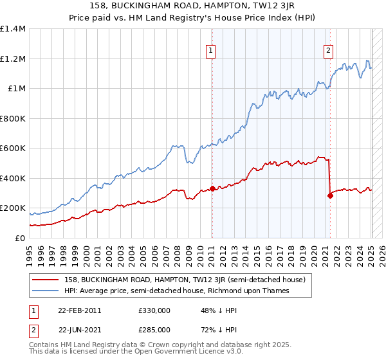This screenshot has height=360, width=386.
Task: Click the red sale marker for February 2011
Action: (x=212, y=188)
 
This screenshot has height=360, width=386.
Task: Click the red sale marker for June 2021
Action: (x=330, y=195)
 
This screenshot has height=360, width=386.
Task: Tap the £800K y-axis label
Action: (x=13, y=118)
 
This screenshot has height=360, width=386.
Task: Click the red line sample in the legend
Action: (x=46, y=280)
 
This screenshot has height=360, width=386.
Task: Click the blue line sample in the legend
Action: (x=46, y=291)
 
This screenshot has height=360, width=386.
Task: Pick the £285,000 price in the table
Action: (x=154, y=329)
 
